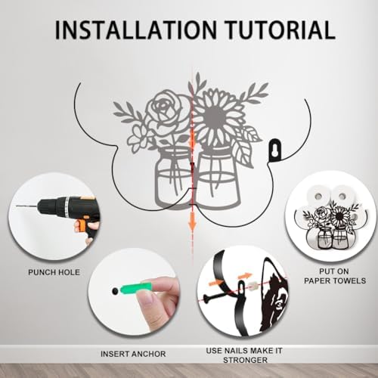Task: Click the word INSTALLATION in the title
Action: (136, 29)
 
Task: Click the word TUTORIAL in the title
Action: (280, 29)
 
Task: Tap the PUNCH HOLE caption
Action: (54, 272)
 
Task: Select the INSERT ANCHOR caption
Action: (133, 354)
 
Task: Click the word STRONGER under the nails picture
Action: (245, 360)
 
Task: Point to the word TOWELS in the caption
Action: (349, 280)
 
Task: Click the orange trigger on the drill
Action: (81, 225)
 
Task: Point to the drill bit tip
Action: (17, 206)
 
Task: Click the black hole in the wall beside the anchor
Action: (115, 291)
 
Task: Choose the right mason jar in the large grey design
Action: (217, 180)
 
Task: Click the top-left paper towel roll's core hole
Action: (319, 195)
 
